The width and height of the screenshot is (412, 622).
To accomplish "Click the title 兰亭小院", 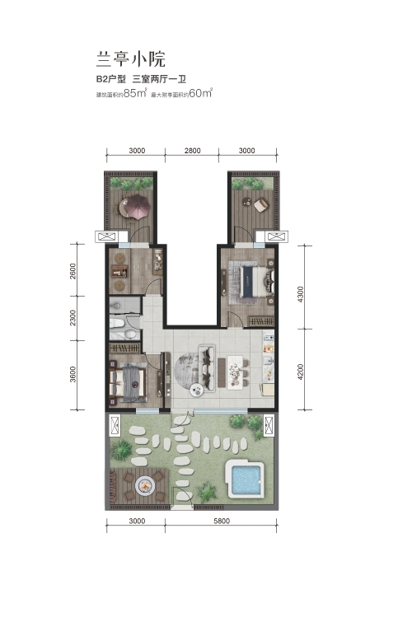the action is point(130,59).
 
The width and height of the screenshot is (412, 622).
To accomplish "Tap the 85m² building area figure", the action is point(135,93).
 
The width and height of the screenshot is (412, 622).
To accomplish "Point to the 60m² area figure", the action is point(201,93).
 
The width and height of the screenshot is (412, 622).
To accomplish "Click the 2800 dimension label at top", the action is point(192,151).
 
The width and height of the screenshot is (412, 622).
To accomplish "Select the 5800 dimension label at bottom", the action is point(222,521).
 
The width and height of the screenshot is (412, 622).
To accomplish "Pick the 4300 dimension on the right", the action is point(301,294).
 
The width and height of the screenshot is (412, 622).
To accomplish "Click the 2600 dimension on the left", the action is point(73,271).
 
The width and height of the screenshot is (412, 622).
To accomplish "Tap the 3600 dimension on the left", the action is point(73,374).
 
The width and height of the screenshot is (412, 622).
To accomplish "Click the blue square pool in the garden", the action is point(246,479).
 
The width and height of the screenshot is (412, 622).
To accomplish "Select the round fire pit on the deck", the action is point(145,484).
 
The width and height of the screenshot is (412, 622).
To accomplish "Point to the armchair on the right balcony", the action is point(261,204).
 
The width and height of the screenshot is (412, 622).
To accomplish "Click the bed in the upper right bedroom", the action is point(258,281).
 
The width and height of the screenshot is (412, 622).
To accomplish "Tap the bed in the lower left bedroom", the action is point(128,383).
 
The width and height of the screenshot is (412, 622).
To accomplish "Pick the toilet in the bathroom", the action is point(118,323).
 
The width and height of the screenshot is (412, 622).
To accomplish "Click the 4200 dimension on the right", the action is point(301,372).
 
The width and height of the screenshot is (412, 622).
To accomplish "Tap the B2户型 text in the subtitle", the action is point(110,79).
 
